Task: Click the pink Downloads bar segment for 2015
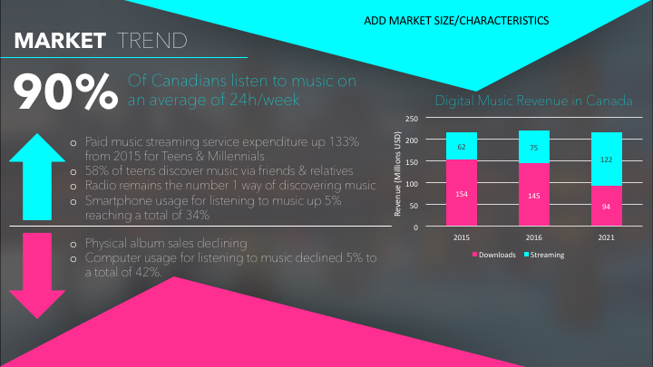coord(462,193)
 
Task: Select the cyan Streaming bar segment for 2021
coord(607,159)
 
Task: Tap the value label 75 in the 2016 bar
coord(534,148)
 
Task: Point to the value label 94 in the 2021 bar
coord(607,207)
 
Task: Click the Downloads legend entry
coord(494,255)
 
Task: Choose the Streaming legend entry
coord(544,255)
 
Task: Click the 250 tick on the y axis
coord(412,119)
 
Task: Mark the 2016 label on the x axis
coord(534,237)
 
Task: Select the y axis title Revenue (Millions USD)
coord(397,173)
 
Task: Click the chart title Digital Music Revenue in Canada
coord(533,101)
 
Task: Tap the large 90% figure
coord(66,92)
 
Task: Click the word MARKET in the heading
coord(60,41)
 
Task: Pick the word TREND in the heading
coord(152,41)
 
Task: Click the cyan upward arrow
coord(37,177)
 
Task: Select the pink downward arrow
coord(37,275)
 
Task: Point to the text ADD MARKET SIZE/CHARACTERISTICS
coord(456,20)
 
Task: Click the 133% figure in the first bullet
coord(344,142)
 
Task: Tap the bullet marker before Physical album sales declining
coord(73,245)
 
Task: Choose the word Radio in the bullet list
coord(99,185)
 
